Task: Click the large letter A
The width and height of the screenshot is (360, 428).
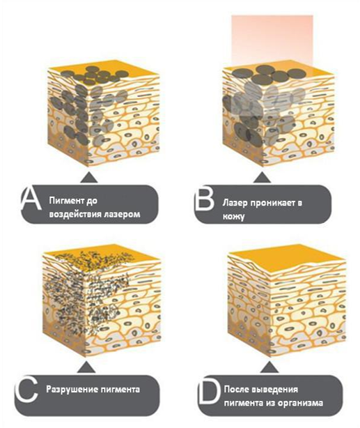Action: pos(31,199)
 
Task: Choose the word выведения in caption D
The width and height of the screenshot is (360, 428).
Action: pos(275,390)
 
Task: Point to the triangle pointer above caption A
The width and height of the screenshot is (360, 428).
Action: pos(88,177)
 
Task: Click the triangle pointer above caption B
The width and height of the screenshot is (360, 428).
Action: pos(262,177)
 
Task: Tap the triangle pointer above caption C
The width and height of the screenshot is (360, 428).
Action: pos(86,367)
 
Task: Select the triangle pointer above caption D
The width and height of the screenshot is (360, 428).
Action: pos(269,367)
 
